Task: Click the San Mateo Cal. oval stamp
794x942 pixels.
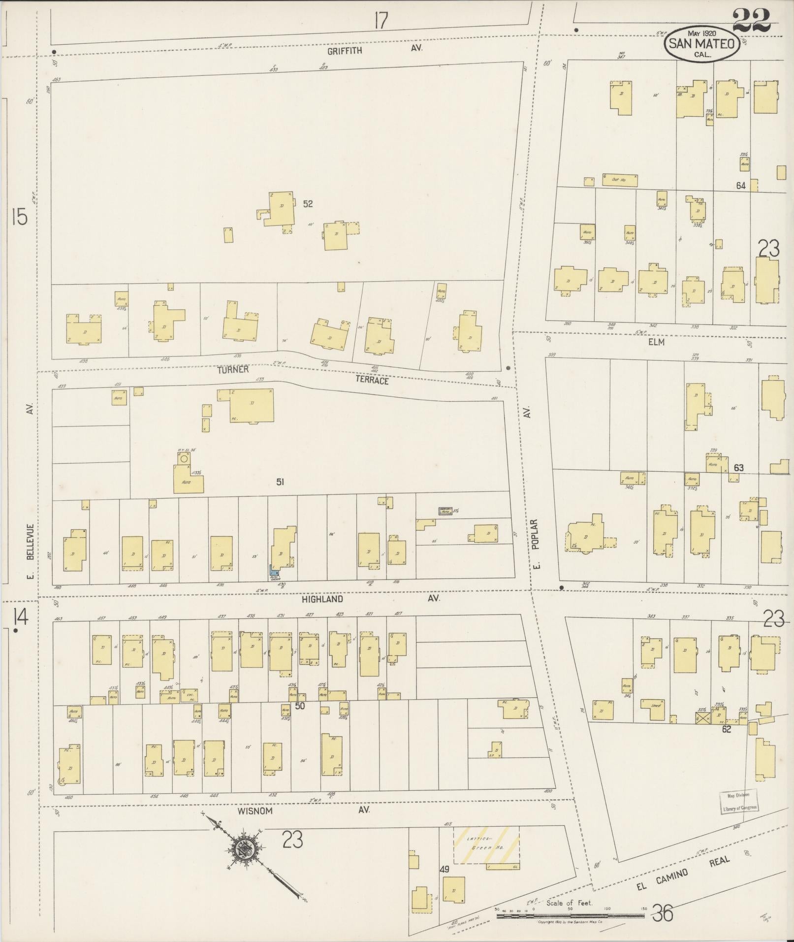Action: [701, 44]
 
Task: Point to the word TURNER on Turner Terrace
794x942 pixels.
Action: [235, 369]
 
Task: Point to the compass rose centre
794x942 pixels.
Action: [243, 848]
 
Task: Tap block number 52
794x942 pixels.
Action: [308, 203]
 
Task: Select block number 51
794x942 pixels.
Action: [280, 482]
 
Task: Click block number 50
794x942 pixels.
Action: [300, 706]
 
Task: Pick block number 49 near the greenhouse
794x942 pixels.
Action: [444, 870]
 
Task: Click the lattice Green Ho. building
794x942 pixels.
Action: [486, 845]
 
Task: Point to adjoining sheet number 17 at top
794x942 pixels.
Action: [380, 21]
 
